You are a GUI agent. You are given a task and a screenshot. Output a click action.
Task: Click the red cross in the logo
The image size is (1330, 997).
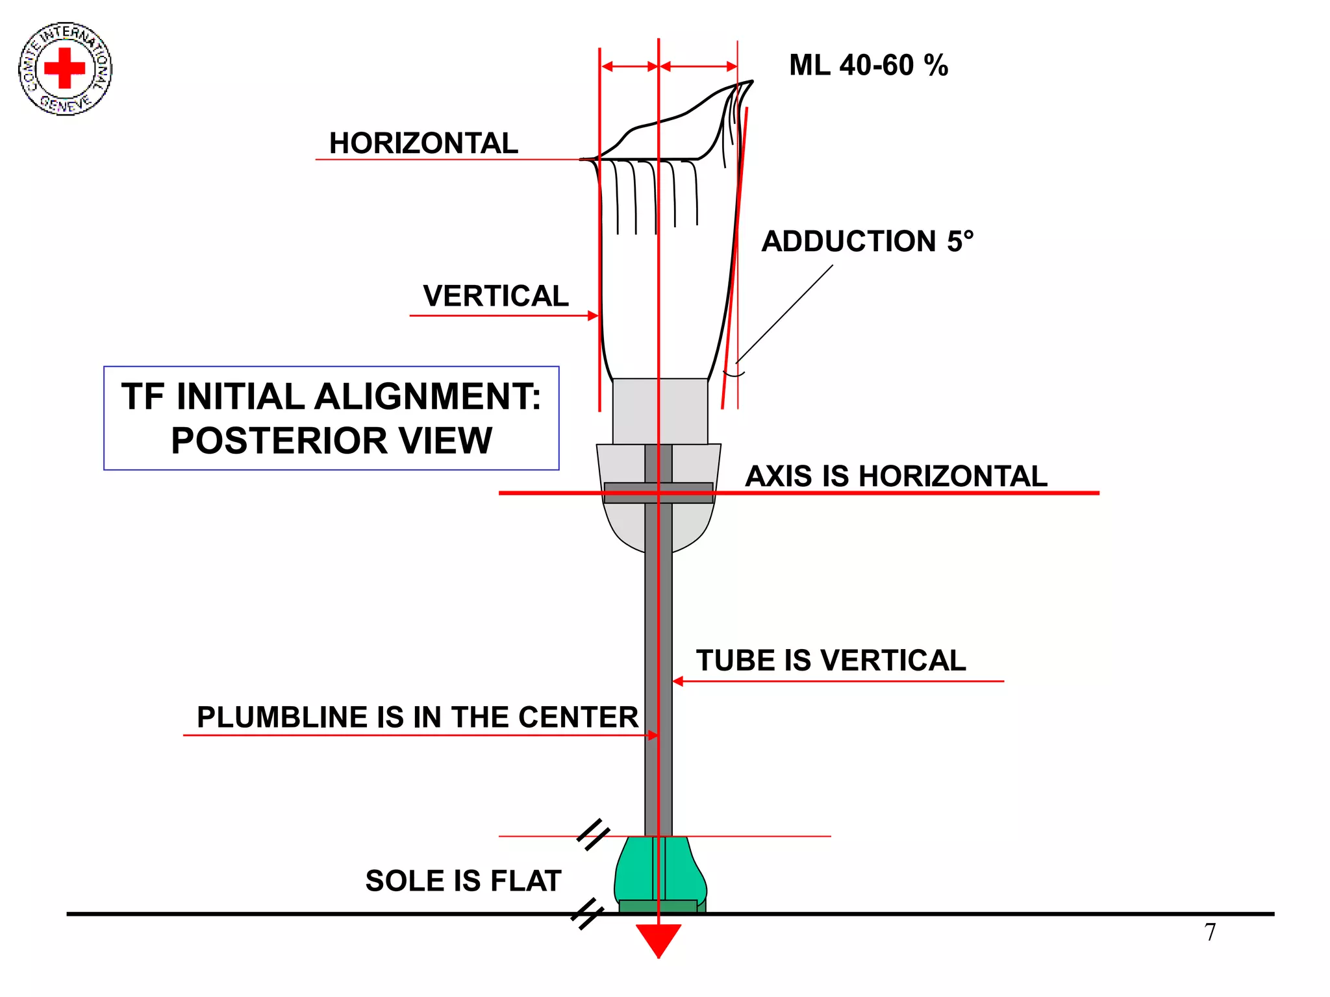64,68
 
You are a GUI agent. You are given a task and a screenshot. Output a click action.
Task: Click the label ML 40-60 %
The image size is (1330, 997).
868,66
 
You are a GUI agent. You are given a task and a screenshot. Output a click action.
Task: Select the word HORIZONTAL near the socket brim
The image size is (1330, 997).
423,143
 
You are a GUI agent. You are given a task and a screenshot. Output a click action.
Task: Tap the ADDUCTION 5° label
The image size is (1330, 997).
867,241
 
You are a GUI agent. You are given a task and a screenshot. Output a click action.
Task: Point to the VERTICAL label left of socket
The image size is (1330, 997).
496,296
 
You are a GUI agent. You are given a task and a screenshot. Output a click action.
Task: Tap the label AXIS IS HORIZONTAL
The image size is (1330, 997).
896,476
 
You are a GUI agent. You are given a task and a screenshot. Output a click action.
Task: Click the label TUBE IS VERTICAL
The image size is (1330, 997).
831,660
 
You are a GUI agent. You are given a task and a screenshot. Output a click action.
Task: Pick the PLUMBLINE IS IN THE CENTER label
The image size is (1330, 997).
418,717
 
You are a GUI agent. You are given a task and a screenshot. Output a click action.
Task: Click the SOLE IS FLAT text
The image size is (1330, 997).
463,881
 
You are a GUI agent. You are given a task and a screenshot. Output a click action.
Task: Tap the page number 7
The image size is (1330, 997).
1210,933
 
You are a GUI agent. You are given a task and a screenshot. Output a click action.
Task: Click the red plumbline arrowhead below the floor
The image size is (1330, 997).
658,939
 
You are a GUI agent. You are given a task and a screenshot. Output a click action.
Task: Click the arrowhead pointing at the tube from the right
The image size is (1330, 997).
678,681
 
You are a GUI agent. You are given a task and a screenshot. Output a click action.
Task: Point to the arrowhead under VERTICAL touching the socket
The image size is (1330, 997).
592,315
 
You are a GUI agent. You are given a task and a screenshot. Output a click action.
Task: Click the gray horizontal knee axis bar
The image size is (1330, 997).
658,493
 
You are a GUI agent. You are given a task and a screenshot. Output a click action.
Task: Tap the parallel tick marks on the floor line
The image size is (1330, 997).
587,914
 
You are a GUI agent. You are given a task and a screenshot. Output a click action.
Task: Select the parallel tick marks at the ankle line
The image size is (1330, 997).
593,835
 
